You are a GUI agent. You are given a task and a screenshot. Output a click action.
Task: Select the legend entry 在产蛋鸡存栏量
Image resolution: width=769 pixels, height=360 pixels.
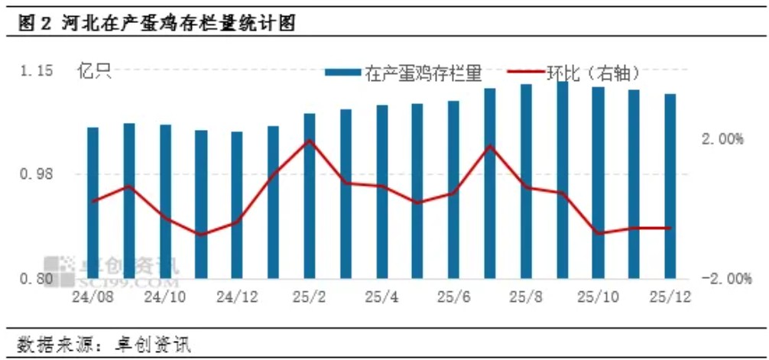tap(404, 73)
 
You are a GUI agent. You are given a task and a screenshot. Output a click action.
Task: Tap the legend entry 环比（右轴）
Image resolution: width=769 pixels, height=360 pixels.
tap(585, 73)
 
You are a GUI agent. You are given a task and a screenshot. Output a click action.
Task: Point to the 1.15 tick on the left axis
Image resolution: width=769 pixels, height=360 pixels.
tap(37, 72)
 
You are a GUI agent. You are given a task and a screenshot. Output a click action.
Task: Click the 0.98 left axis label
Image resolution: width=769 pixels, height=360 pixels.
tap(37, 174)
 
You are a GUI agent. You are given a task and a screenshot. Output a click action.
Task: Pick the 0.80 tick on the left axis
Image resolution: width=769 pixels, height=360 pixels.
tap(37, 278)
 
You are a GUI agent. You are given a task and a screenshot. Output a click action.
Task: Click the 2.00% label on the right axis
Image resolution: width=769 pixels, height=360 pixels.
tap(722, 140)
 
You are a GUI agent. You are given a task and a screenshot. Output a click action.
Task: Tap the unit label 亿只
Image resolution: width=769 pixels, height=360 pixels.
tap(93, 73)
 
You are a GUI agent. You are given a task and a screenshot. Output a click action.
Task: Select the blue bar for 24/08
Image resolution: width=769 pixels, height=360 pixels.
tap(92, 203)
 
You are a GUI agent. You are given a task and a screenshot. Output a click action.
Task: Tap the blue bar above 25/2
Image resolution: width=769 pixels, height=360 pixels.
tap(309, 196)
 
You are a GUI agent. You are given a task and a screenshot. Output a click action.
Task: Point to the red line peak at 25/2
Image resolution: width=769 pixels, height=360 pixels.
tap(309, 141)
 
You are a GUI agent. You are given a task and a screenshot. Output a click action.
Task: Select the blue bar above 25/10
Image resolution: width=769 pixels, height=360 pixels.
tap(598, 183)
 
